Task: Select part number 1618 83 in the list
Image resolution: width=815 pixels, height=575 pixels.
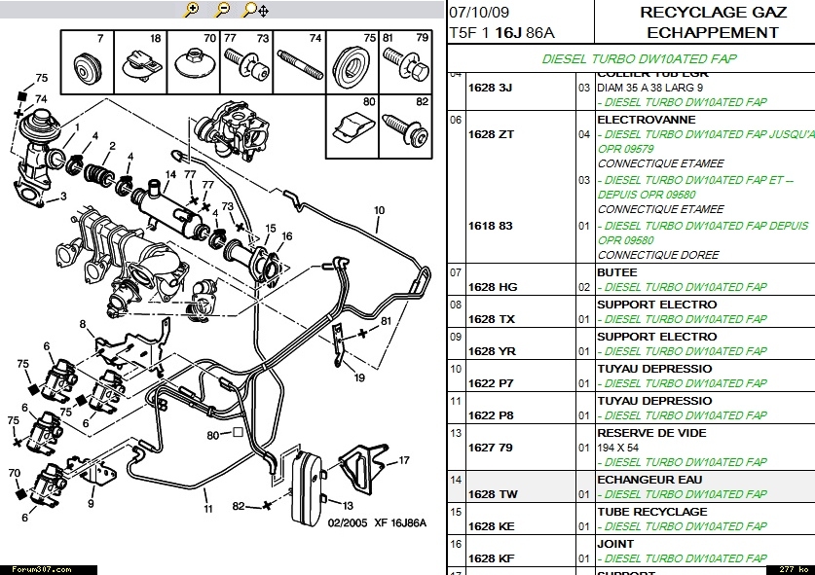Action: click(491, 225)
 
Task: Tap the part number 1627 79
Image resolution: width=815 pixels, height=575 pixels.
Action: click(491, 448)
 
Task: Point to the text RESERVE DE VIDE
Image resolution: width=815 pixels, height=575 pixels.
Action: click(651, 433)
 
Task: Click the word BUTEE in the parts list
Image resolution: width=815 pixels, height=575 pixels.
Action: click(616, 272)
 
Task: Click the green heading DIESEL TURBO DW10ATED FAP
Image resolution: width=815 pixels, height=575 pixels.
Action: click(639, 58)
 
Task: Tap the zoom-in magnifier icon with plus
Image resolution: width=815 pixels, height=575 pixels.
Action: click(192, 10)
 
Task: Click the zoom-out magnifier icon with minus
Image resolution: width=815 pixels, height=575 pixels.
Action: click(222, 10)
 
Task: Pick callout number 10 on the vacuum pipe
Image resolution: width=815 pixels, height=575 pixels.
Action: click(379, 210)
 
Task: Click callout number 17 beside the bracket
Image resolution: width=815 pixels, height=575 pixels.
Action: click(405, 460)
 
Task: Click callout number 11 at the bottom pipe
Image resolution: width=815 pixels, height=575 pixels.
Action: click(207, 509)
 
